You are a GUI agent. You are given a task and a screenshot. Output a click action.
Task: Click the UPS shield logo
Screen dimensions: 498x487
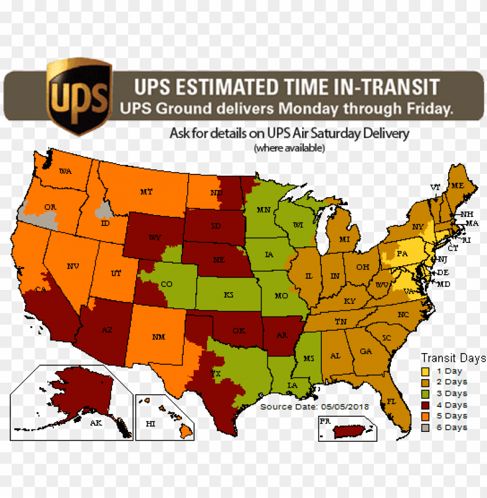click(x=79, y=96)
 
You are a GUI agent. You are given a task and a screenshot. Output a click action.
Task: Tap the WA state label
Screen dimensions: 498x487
click(x=65, y=171)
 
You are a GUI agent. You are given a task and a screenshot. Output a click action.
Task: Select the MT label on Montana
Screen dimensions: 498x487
click(x=146, y=191)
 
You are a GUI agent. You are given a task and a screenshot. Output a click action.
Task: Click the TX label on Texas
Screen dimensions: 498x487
click(x=217, y=374)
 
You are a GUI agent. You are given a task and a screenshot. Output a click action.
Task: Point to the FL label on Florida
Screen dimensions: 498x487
click(x=391, y=401)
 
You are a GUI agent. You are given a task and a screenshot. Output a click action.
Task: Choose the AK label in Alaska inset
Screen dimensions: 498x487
click(x=96, y=423)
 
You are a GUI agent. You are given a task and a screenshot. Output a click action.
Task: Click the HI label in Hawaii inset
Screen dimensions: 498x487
click(x=151, y=424)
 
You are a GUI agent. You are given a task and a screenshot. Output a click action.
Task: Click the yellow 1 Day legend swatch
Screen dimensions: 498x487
click(x=426, y=372)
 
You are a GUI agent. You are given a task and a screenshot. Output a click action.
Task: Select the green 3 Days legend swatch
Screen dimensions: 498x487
click(x=426, y=394)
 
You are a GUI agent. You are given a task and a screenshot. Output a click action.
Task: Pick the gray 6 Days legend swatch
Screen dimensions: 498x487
click(x=426, y=427)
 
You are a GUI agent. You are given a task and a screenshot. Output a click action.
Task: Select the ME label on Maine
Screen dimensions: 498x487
click(x=458, y=186)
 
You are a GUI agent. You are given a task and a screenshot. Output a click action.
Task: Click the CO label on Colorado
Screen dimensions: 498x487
click(x=166, y=284)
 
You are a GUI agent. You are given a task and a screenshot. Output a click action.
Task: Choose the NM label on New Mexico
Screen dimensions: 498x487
click(x=158, y=336)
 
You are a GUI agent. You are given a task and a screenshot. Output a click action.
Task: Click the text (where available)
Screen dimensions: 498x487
click(x=289, y=148)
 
